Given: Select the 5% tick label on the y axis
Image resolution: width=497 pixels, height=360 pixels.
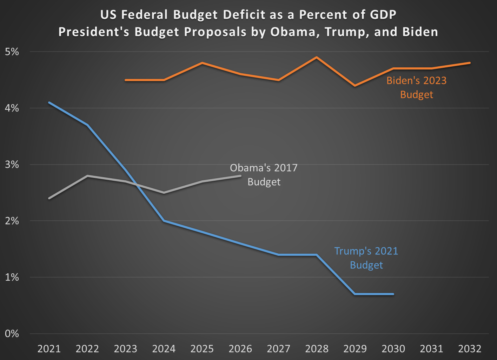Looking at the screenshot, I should point(12,52).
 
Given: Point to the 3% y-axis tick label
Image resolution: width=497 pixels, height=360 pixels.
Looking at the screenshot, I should point(12,165).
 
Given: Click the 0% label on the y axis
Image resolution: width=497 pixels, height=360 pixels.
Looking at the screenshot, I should point(12,334).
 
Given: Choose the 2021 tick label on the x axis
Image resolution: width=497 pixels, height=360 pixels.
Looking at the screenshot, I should point(49,349).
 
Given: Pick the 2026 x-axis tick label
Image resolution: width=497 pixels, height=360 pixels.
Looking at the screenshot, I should point(240,349).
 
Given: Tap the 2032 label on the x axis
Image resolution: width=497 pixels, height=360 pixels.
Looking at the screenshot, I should point(470,349).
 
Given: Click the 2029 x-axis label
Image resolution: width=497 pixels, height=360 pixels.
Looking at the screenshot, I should point(355,349).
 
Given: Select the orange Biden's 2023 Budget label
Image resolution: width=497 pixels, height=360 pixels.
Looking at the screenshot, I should point(417,87).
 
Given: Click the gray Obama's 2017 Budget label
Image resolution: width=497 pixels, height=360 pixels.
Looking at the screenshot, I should point(264,175).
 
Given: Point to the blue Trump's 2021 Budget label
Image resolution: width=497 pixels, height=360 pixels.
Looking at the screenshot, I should point(366,258).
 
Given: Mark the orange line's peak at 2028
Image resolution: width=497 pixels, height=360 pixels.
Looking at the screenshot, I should point(317,57).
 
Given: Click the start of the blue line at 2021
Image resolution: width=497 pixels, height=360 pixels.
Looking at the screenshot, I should point(49,102).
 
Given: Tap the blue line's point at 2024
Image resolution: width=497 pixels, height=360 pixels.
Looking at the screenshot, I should point(164,221).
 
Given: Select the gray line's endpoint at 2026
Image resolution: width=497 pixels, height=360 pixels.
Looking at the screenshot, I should point(240,176).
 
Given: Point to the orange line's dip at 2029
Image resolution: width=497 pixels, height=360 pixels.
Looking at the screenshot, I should point(355,86).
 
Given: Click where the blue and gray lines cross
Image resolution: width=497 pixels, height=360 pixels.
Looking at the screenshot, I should point(135,184).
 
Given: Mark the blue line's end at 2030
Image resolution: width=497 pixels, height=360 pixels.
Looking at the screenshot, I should point(393,294).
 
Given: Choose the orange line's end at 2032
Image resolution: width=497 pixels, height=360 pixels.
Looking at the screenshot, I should point(470,63).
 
